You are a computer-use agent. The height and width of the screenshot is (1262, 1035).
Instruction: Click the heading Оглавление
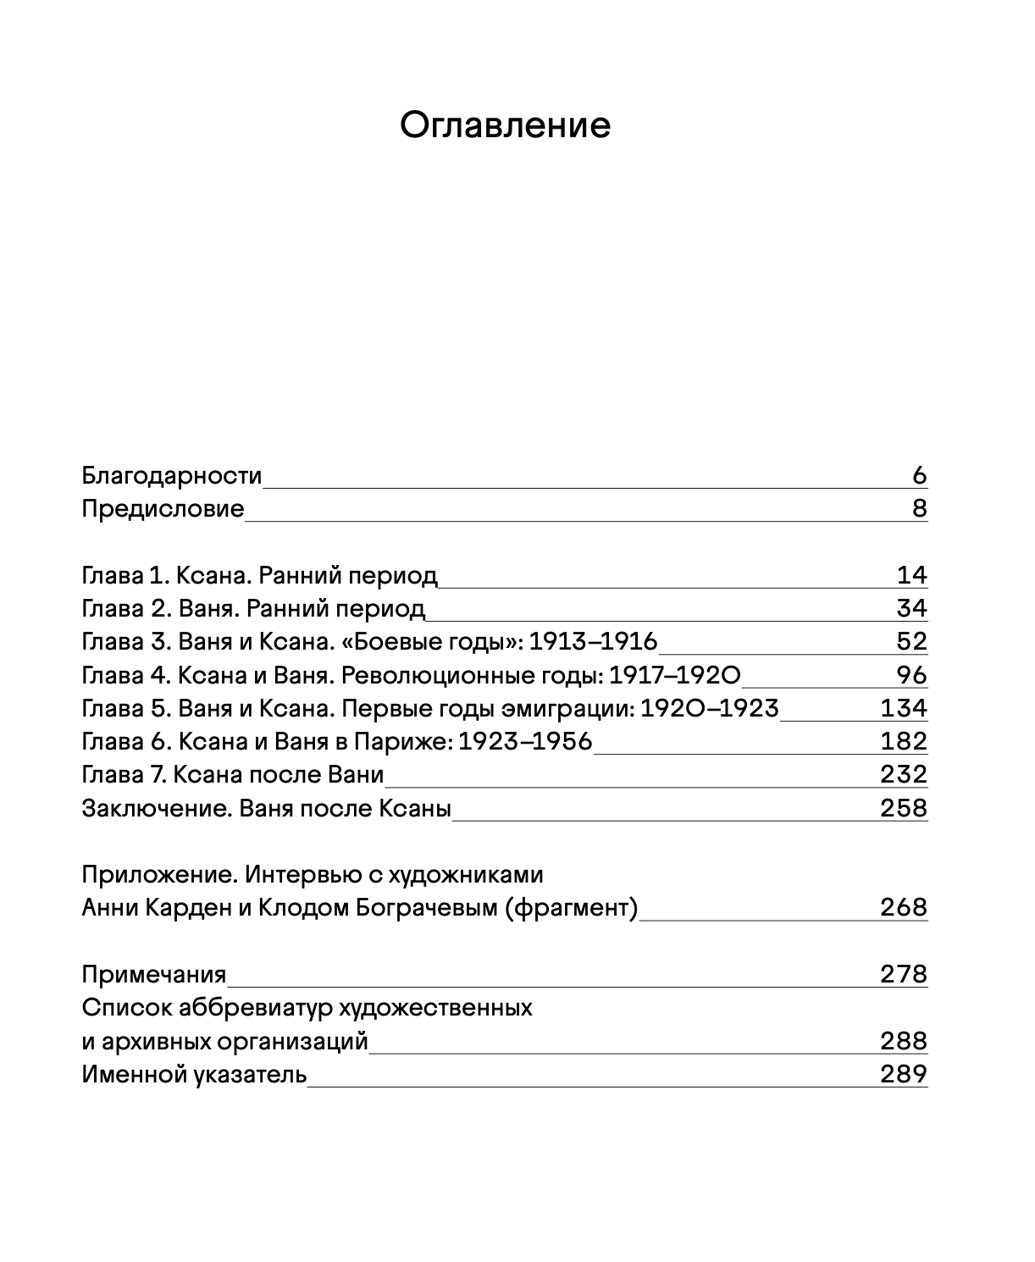(x=505, y=125)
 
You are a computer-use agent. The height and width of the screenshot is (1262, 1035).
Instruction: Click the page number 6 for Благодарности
(x=920, y=476)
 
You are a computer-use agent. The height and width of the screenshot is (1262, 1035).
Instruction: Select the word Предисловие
(x=163, y=509)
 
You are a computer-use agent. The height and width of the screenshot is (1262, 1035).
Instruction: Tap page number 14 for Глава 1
(x=912, y=576)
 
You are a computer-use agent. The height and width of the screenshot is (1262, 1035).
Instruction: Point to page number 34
(x=911, y=609)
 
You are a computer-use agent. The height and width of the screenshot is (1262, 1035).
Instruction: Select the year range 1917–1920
(x=675, y=675)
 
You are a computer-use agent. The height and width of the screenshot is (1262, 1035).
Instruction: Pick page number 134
(x=904, y=708)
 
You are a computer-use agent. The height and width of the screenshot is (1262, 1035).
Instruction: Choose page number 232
(x=904, y=775)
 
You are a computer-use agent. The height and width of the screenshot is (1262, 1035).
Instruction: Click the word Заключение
(x=157, y=808)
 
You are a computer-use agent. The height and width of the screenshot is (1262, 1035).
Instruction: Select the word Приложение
(x=158, y=874)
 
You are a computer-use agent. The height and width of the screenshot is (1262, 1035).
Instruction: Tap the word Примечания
(x=154, y=974)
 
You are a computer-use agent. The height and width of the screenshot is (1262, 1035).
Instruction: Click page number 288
(x=904, y=1041)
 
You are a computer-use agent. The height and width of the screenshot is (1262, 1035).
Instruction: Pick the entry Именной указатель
(x=194, y=1075)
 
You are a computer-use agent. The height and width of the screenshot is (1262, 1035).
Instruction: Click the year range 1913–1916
(x=593, y=642)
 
